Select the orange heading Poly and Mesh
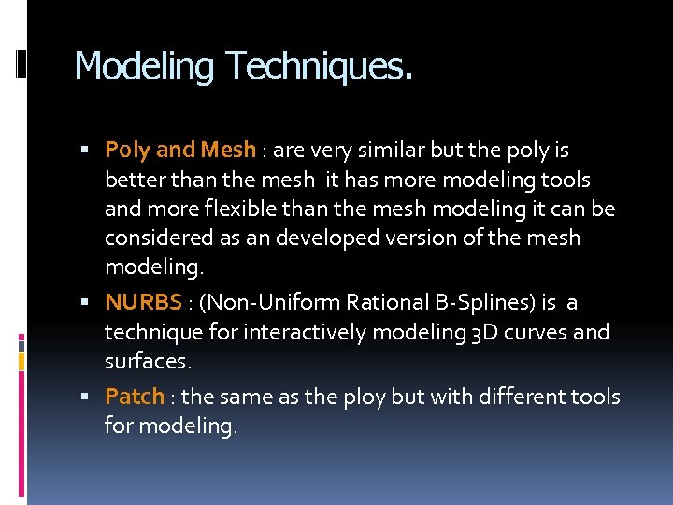[x=180, y=150]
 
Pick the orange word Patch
[x=135, y=397]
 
